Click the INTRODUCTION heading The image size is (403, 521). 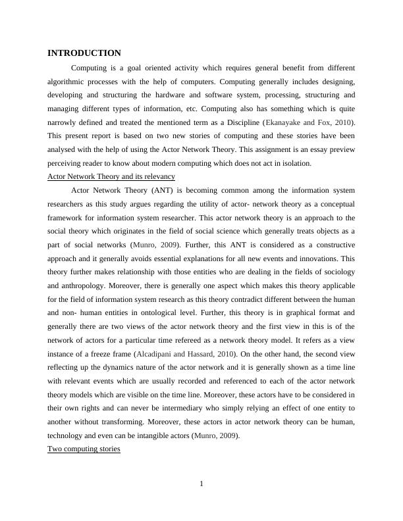pyautogui.click(x=84, y=53)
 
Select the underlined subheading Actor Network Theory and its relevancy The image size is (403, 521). pyautogui.click(x=111, y=177)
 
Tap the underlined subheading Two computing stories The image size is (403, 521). pyautogui.click(x=84, y=449)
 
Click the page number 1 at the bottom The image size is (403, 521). pyautogui.click(x=201, y=485)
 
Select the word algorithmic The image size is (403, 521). pyautogui.click(x=72, y=82)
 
